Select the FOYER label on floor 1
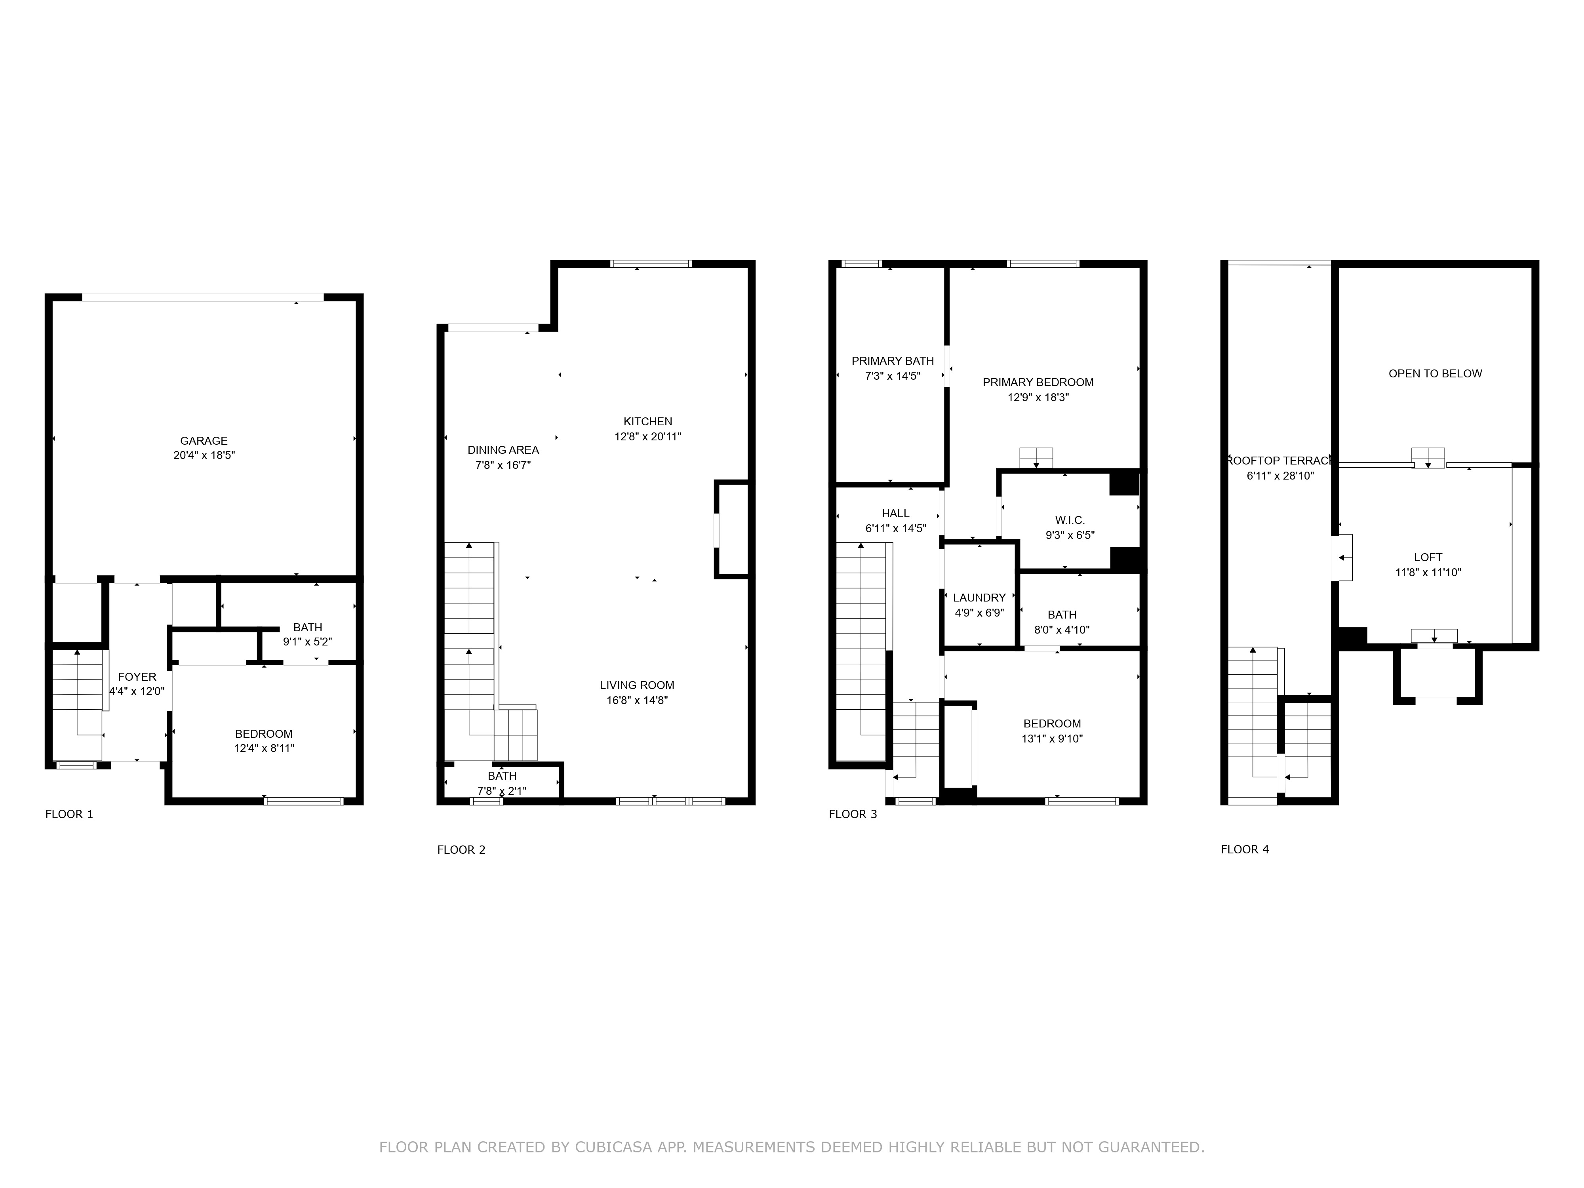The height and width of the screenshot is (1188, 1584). pyautogui.click(x=137, y=677)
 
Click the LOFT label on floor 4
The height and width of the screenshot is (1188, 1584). pyautogui.click(x=1428, y=557)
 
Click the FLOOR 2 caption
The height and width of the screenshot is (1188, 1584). pyautogui.click(x=461, y=850)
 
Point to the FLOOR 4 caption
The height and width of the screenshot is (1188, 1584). pyautogui.click(x=1245, y=849)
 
